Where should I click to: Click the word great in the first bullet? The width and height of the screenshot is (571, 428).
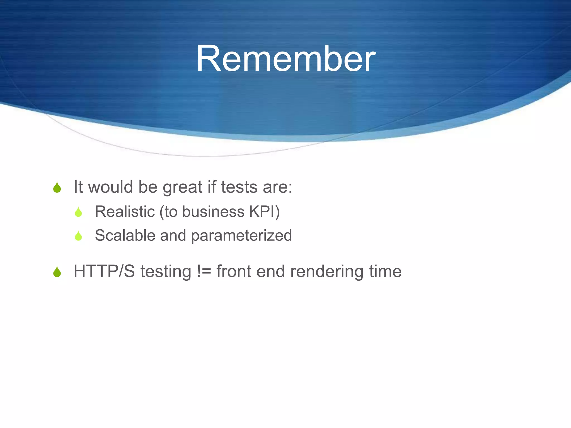pyautogui.click(x=182, y=187)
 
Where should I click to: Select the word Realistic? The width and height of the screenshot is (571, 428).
pyautogui.click(x=125, y=211)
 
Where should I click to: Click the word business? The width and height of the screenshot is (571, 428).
pyautogui.click(x=213, y=211)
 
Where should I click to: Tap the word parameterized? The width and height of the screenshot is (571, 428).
pyautogui.click(x=241, y=236)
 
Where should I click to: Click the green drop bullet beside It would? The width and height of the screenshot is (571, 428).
pyautogui.click(x=57, y=188)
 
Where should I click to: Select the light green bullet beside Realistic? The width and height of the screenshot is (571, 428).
pyautogui.click(x=78, y=212)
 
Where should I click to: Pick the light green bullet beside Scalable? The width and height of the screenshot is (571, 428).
pyautogui.click(x=78, y=236)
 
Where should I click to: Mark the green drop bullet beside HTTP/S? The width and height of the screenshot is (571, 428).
pyautogui.click(x=57, y=272)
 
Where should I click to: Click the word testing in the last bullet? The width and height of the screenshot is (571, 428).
pyautogui.click(x=166, y=272)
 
